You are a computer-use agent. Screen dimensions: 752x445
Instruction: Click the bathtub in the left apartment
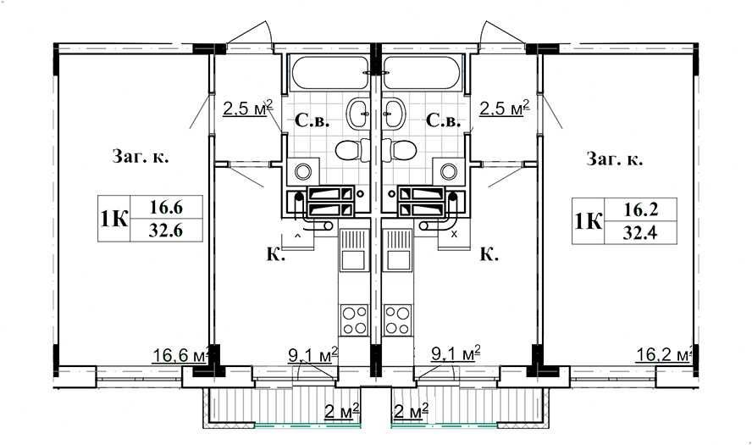tap(329, 73)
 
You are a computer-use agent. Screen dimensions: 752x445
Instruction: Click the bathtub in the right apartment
tap(422, 73)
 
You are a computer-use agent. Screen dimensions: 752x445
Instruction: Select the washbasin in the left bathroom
tap(358, 114)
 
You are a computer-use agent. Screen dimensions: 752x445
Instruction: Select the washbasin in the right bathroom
tap(394, 114)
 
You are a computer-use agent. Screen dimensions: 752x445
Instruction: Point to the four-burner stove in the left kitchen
tap(355, 320)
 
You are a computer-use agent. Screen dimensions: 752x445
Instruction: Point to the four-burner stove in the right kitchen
tap(397, 320)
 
